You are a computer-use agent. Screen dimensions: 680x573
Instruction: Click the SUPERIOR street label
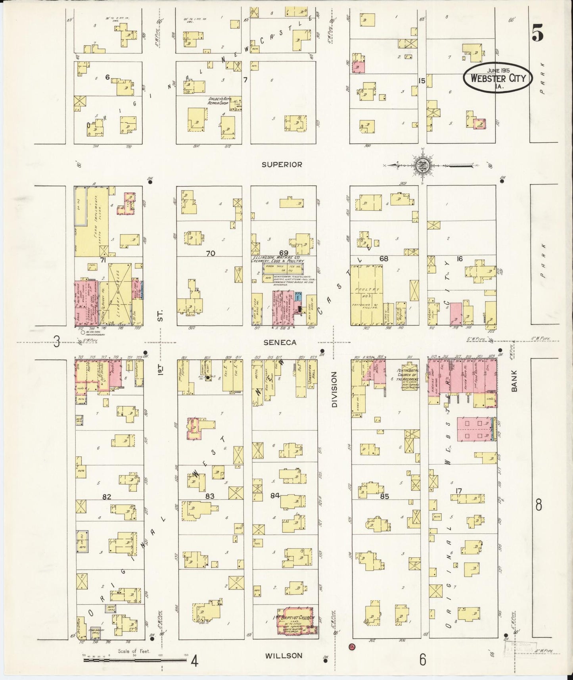click(282, 164)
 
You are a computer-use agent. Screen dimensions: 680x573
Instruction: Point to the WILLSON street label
click(284, 656)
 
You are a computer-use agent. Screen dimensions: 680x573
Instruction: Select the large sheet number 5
click(537, 35)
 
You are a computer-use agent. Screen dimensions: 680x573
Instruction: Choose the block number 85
click(384, 496)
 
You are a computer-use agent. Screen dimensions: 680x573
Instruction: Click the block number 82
click(106, 497)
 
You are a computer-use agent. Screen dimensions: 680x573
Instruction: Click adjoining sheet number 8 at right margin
click(538, 505)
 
